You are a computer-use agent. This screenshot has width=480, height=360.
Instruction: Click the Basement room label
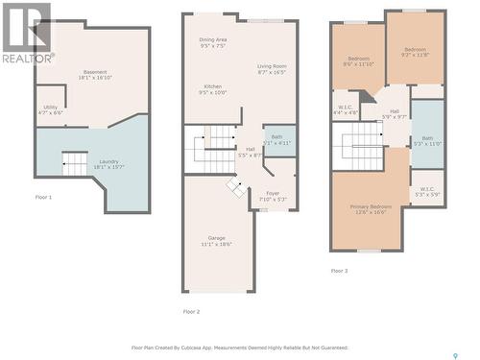pyautogui.click(x=94, y=75)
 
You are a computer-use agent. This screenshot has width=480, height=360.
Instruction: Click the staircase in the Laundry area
pyautogui.click(x=75, y=164)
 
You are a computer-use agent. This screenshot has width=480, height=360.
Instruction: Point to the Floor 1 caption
pyautogui.click(x=43, y=197)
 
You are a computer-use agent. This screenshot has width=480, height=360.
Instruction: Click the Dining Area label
pyautogui.click(x=212, y=42)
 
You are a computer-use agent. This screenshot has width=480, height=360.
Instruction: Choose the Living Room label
pyautogui.click(x=272, y=68)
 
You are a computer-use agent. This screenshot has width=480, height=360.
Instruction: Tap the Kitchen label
pyautogui.click(x=212, y=89)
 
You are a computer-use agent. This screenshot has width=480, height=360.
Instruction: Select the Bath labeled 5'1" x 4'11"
pyautogui.click(x=276, y=139)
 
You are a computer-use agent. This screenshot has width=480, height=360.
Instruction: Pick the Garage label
pyautogui.click(x=217, y=241)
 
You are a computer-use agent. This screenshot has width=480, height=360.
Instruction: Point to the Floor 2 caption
pyautogui.click(x=191, y=312)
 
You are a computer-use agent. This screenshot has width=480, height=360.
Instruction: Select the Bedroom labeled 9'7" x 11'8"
pyautogui.click(x=415, y=52)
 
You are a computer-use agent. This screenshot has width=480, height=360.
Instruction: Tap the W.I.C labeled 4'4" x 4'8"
pyautogui.click(x=346, y=109)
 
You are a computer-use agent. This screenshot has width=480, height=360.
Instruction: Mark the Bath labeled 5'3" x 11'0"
pyautogui.click(x=427, y=141)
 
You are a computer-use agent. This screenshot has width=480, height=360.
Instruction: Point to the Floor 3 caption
pyautogui.click(x=339, y=272)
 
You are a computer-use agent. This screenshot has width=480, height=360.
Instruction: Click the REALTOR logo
pyautogui.click(x=26, y=33)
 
